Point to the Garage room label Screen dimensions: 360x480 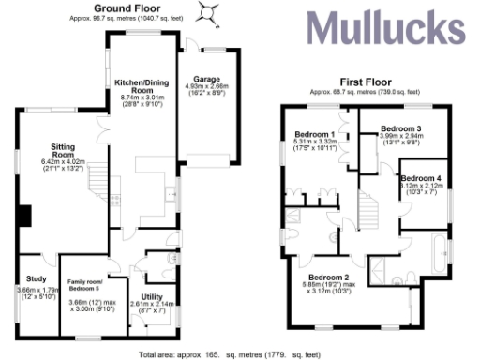[x=206, y=79]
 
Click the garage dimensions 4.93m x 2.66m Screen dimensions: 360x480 [x=206, y=87]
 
